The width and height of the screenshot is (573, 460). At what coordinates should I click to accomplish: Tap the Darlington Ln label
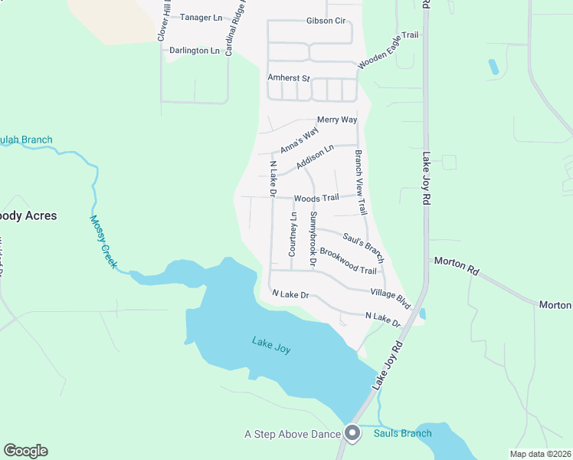[195, 51]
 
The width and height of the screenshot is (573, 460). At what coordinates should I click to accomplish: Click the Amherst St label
[288, 78]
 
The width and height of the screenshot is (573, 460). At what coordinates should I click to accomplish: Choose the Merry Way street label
[337, 120]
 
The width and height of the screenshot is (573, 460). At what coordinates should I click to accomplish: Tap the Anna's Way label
[299, 140]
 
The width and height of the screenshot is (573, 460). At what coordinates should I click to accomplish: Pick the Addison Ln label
[315, 158]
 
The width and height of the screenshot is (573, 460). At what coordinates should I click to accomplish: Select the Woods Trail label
[316, 198]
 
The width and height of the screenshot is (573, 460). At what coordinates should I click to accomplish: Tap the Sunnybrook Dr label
[313, 238]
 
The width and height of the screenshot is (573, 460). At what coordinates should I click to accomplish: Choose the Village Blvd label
[391, 298]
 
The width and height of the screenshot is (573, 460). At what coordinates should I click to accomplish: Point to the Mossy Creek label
[103, 242]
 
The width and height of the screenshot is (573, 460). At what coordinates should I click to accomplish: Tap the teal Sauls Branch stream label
[402, 433]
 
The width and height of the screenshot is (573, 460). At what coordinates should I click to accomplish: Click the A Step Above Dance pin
[352, 433]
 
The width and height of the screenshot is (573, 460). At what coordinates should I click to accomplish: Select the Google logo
[25, 451]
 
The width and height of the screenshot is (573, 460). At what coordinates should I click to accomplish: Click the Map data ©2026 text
[539, 454]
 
